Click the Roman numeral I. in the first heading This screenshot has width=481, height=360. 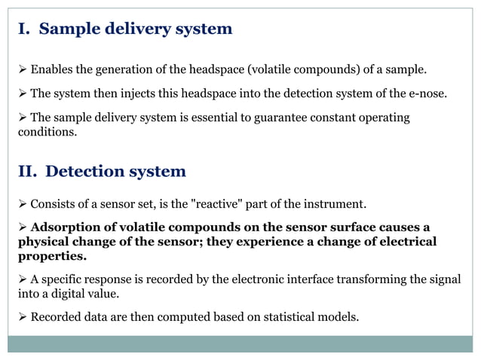[24, 29]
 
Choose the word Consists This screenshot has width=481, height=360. [53, 203]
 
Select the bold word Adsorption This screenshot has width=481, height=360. [66, 227]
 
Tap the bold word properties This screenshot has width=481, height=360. [51, 256]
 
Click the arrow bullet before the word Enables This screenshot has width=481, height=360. [23, 70]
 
